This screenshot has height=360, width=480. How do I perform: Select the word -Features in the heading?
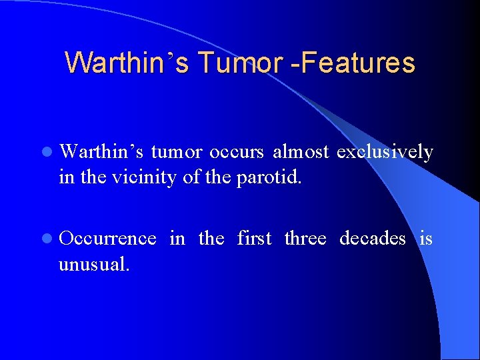click(357, 63)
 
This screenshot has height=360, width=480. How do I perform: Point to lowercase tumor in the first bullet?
click(177, 153)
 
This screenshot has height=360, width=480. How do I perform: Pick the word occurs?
click(237, 153)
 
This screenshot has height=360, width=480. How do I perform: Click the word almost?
click(301, 153)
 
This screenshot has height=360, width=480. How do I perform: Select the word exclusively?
click(385, 153)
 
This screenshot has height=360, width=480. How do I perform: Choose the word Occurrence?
click(107, 238)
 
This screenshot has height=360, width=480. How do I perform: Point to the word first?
click(254, 238)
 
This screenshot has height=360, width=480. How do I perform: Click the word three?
click(305, 238)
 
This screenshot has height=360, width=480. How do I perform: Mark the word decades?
click(372, 238)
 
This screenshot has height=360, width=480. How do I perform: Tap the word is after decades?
click(426, 238)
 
